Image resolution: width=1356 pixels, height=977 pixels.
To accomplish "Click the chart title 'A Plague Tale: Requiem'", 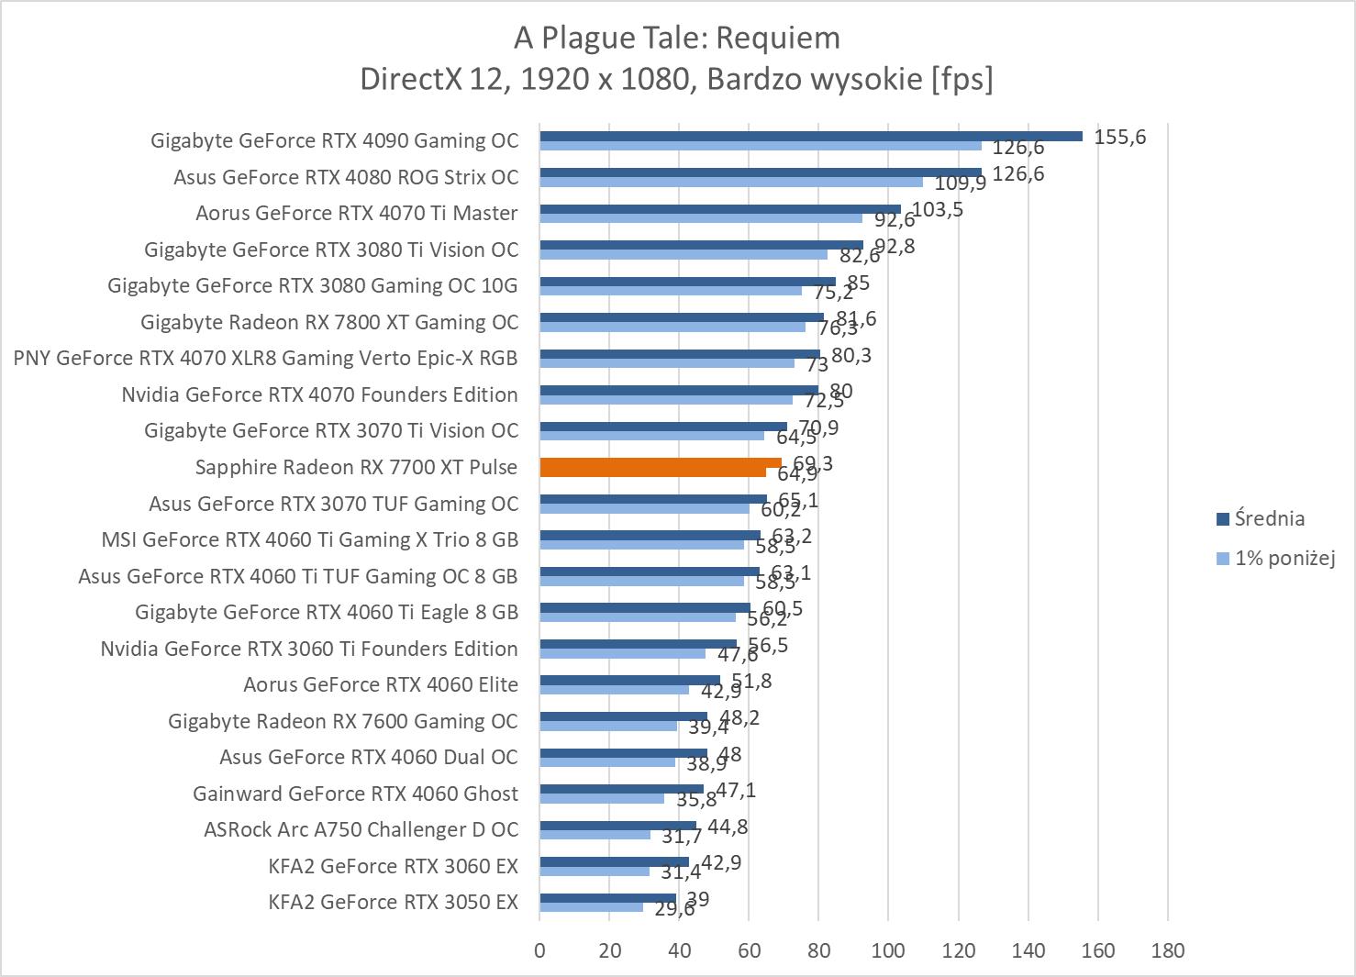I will pyautogui.click(x=676, y=38).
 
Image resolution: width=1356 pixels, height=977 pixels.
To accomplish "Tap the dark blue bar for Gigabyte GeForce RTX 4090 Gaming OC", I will pyautogui.click(x=810, y=136).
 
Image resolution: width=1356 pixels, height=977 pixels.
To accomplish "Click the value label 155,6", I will pyautogui.click(x=1119, y=138).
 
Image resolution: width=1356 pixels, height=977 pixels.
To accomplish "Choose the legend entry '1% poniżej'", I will pyautogui.click(x=1284, y=558).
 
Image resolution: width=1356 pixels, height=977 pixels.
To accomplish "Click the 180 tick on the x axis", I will pyautogui.click(x=1167, y=950).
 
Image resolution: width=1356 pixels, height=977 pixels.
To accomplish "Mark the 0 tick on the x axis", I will pyautogui.click(x=539, y=950).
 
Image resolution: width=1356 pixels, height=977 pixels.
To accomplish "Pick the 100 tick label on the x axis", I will pyautogui.click(x=888, y=950).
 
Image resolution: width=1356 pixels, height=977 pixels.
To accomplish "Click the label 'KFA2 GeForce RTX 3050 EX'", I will pyautogui.click(x=393, y=902).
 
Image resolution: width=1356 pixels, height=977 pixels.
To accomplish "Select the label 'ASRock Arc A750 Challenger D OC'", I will pyautogui.click(x=361, y=829).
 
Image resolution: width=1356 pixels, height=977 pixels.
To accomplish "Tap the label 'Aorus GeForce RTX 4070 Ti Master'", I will pyautogui.click(x=356, y=213).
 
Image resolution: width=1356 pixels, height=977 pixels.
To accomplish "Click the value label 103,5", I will pyautogui.click(x=938, y=209).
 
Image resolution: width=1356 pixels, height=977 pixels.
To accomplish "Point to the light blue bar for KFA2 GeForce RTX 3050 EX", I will pyautogui.click(x=591, y=906).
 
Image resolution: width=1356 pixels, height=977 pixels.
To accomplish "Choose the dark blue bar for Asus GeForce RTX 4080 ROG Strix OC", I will pyautogui.click(x=760, y=172).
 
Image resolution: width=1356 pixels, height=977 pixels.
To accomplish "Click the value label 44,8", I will pyautogui.click(x=728, y=827).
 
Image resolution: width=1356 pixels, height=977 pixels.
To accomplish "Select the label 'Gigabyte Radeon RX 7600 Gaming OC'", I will pyautogui.click(x=342, y=721).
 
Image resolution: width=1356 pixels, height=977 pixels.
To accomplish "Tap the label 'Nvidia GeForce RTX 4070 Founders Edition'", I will pyautogui.click(x=319, y=394).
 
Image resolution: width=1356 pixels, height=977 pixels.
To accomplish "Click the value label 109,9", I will pyautogui.click(x=960, y=183).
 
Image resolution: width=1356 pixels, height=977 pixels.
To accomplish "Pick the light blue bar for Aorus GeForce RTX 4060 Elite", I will pyautogui.click(x=614, y=689).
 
